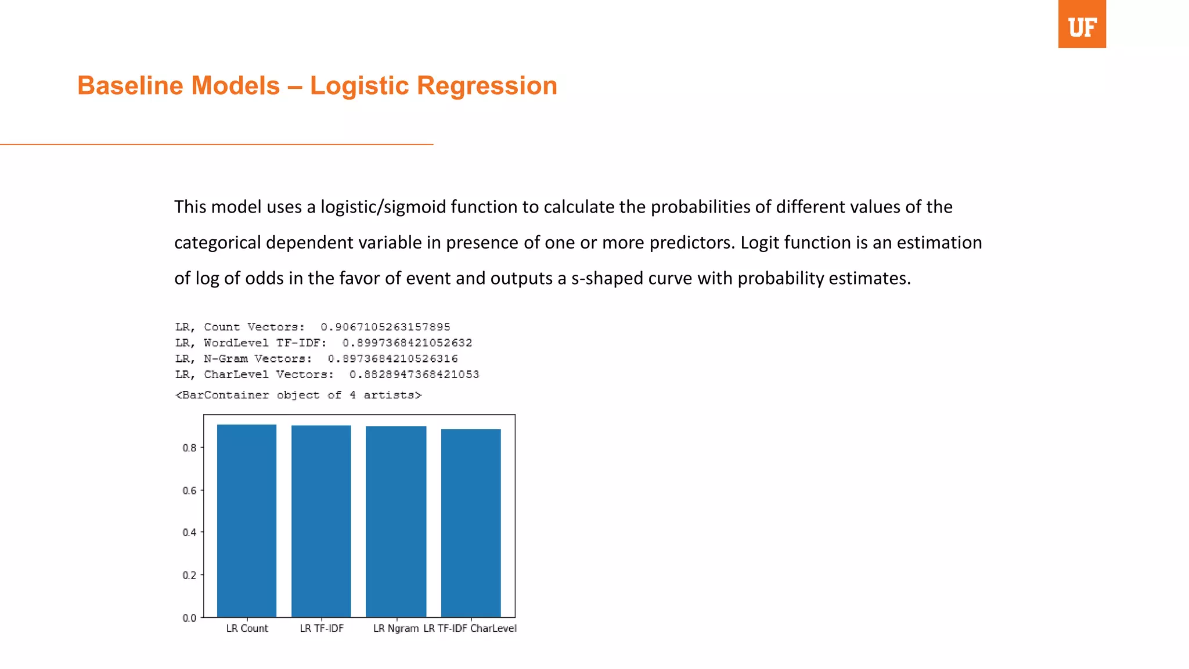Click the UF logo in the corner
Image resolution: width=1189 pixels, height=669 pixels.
(x=1082, y=24)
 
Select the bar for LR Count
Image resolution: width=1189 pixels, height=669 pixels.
(x=247, y=520)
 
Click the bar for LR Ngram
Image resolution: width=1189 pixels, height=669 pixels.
(x=396, y=521)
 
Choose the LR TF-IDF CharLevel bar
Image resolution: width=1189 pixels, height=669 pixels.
(x=471, y=523)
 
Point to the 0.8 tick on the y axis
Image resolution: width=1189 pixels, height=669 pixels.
(x=189, y=448)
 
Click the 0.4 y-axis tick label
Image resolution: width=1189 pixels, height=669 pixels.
(x=189, y=533)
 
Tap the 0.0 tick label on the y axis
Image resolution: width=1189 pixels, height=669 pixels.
(x=189, y=618)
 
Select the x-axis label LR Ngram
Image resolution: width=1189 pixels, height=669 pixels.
(x=396, y=628)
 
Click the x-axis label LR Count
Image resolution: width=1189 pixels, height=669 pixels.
(x=247, y=628)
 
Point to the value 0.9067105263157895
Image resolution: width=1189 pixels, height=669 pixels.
(x=385, y=327)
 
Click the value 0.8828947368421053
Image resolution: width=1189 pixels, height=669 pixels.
(x=414, y=375)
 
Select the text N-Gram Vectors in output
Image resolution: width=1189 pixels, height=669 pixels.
(x=258, y=359)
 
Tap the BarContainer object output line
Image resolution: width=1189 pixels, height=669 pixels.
(x=298, y=395)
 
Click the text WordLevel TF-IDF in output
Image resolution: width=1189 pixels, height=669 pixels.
(x=265, y=343)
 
